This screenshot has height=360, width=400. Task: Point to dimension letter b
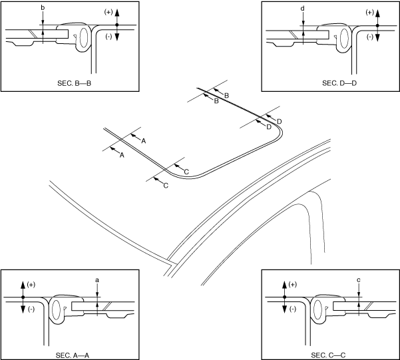click(43, 7)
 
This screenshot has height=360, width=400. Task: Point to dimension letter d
click(303, 7)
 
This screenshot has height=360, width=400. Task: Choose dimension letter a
click(97, 281)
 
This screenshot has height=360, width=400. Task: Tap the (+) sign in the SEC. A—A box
click(31, 285)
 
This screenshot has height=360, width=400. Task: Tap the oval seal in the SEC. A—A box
click(57, 309)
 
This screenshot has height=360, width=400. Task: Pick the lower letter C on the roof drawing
click(165, 185)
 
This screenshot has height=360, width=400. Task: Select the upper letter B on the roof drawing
click(226, 96)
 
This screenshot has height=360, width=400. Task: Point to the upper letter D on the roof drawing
click(280, 121)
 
